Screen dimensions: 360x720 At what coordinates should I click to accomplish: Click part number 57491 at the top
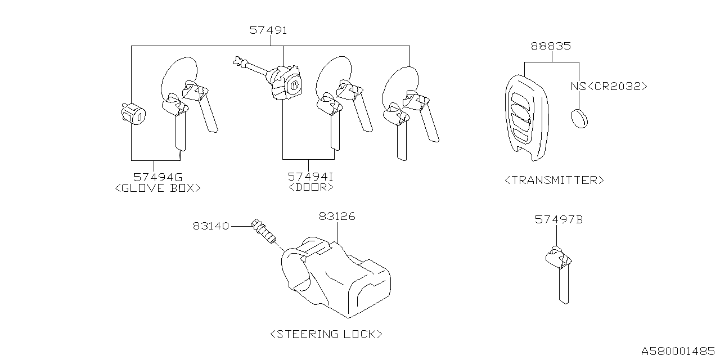(268, 30)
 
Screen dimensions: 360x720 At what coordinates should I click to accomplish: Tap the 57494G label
(157, 177)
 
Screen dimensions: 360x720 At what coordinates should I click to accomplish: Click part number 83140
(211, 226)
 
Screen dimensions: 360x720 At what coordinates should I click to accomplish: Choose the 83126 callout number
(337, 216)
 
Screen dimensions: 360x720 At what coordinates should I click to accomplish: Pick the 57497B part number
(559, 220)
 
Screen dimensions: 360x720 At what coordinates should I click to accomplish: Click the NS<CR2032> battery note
(609, 87)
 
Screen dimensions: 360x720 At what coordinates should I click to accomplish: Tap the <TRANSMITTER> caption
(554, 180)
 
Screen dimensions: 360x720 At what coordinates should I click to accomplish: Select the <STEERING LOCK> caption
(326, 334)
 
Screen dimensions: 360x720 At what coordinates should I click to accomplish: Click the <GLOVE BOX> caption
(157, 188)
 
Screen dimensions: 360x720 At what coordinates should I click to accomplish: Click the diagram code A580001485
(677, 350)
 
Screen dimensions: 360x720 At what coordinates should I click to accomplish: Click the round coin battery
(579, 118)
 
